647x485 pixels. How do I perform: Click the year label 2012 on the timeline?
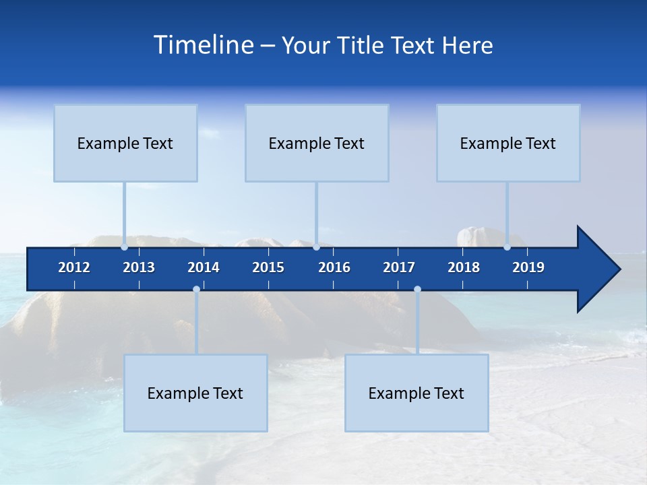[x=74, y=267]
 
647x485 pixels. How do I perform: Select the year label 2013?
[x=139, y=267]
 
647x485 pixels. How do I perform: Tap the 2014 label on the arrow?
[x=204, y=267]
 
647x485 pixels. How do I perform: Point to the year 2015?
[x=268, y=267]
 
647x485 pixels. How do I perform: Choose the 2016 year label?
[x=334, y=267]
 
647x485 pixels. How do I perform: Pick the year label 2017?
[x=399, y=267]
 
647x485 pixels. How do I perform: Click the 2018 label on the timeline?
[x=464, y=267]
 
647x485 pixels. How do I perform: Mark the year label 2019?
[x=528, y=267]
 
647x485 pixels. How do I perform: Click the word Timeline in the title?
[x=203, y=45]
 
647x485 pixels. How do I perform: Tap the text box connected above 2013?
[x=125, y=143]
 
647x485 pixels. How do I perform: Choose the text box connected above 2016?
[x=317, y=143]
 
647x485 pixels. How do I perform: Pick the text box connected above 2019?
[x=508, y=143]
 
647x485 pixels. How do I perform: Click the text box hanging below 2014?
[x=195, y=393]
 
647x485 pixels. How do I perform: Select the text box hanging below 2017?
[x=417, y=393]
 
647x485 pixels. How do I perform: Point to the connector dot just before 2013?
[x=125, y=247]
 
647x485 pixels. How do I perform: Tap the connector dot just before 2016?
[x=316, y=247]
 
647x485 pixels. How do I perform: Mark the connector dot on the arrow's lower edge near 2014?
[x=196, y=290]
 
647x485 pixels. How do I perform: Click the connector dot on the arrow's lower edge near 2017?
[x=417, y=290]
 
